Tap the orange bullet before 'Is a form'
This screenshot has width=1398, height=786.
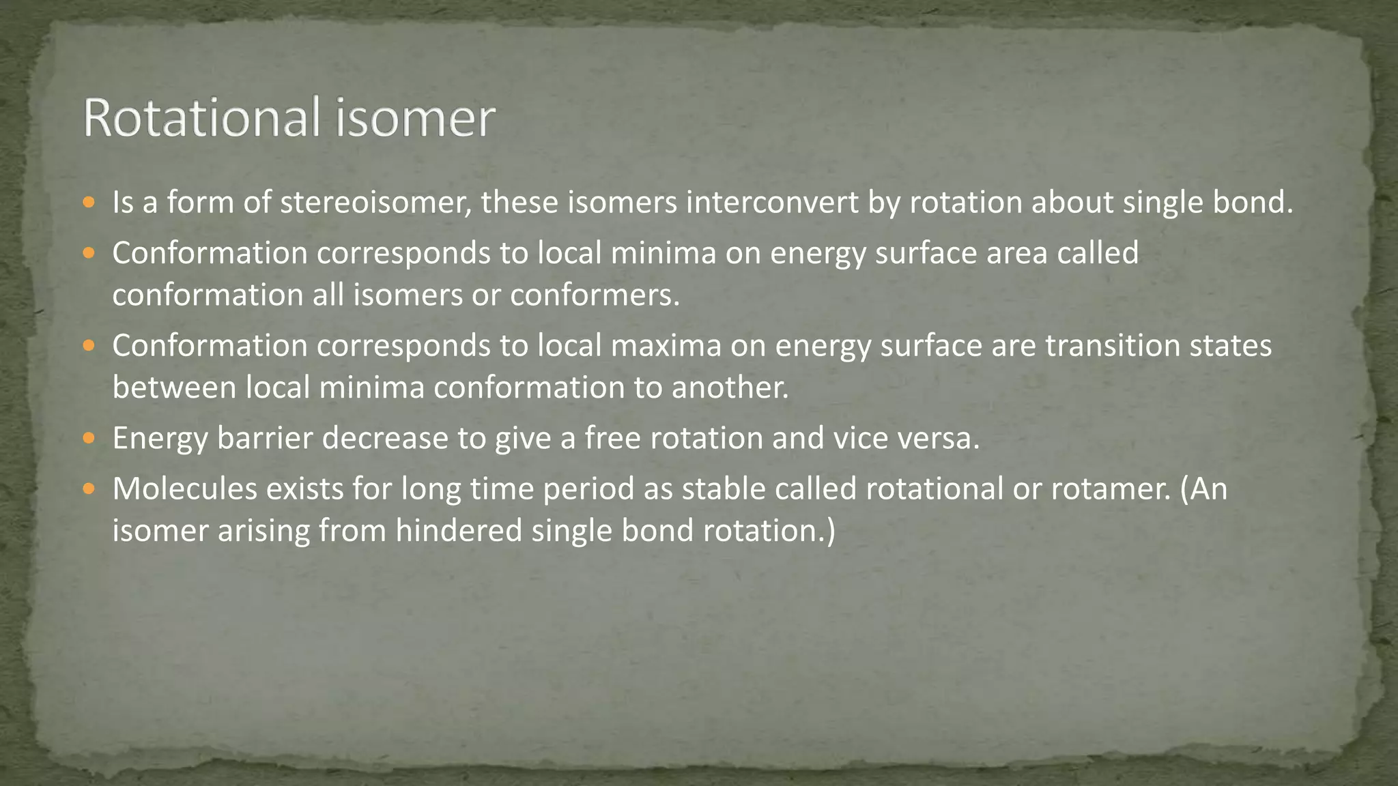[89, 203]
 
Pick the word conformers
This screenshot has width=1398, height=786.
[595, 295]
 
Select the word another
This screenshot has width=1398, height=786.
[730, 388]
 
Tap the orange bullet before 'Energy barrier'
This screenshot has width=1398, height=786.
[89, 438]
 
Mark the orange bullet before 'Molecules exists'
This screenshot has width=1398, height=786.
[89, 489]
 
